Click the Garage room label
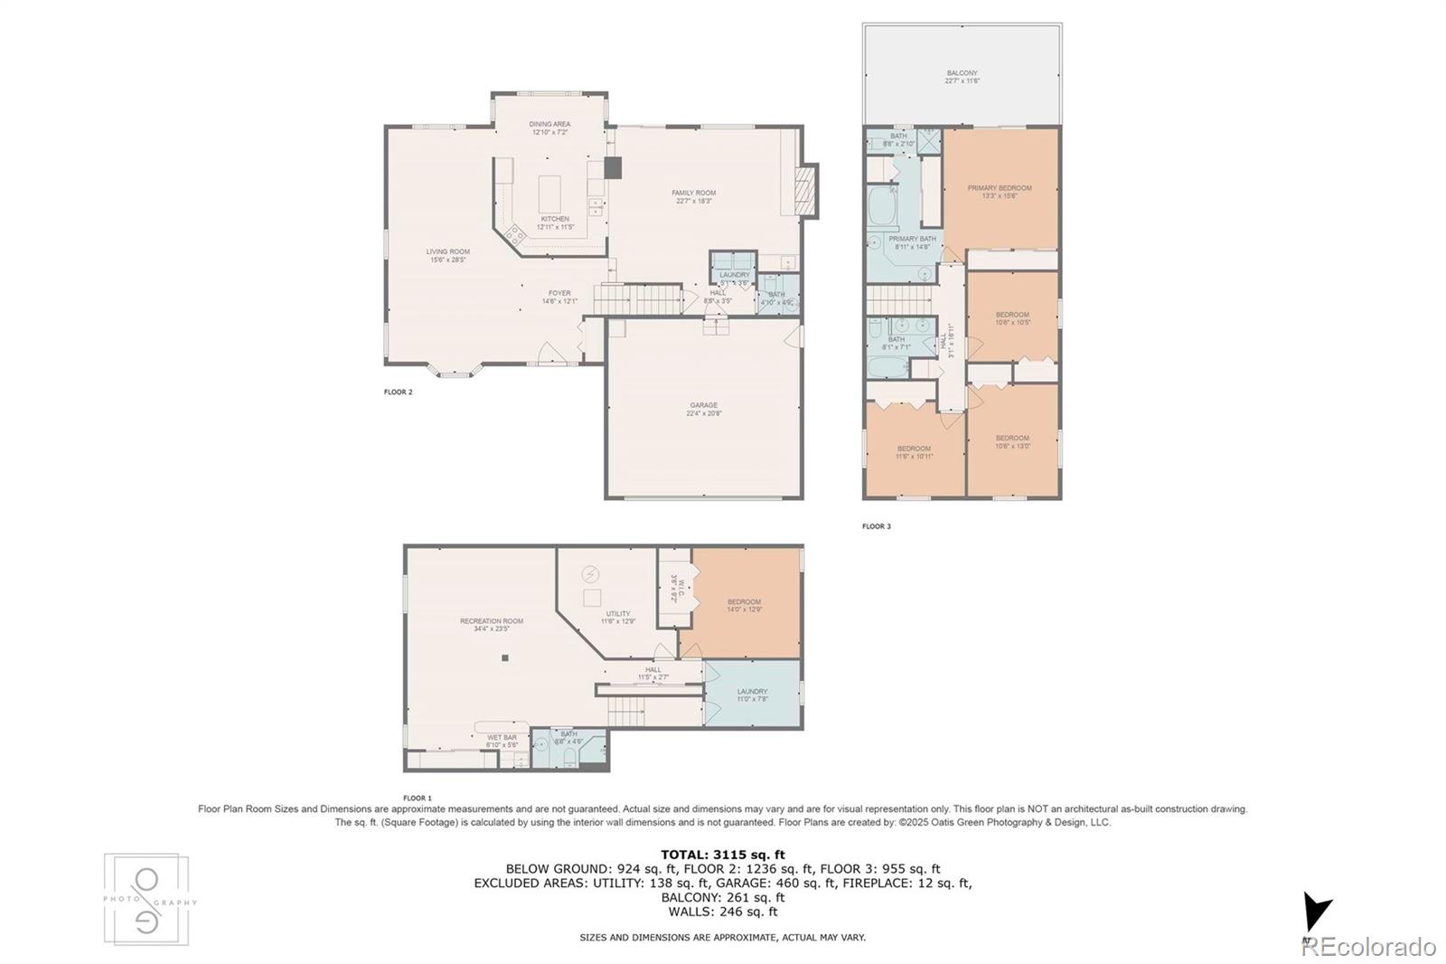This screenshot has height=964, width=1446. point(703,409)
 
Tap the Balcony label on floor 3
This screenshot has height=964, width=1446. point(962,77)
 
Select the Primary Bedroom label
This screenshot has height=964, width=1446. point(999,192)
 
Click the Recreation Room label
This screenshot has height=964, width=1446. point(491,624)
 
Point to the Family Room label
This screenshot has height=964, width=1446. point(693,196)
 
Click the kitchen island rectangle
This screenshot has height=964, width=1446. point(550,193)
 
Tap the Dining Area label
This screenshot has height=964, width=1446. point(549,128)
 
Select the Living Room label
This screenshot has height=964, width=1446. point(447,255)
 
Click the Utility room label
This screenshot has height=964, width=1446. point(618,617)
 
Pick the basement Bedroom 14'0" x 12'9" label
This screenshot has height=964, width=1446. point(744,605)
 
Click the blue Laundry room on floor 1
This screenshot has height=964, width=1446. point(752,695)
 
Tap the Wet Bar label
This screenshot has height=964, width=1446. point(502,741)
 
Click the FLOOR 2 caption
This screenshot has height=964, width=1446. point(398,392)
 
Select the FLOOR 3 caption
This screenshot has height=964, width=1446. point(876,526)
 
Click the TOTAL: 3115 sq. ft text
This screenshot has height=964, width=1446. point(722,854)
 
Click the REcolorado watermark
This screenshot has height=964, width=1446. point(1368,946)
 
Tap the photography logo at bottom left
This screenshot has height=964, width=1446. point(147,900)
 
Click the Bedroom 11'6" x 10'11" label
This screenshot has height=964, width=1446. point(914,452)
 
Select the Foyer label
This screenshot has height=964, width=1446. point(559,297)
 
